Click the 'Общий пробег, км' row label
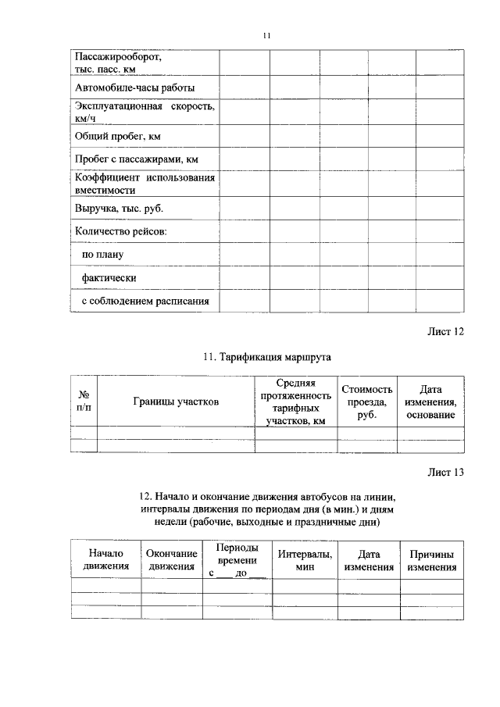click(117, 136)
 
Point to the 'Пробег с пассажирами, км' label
click(137, 159)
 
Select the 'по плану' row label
click(103, 255)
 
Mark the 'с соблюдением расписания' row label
click(146, 302)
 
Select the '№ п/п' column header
click(84, 402)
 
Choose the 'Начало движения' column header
click(106, 559)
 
